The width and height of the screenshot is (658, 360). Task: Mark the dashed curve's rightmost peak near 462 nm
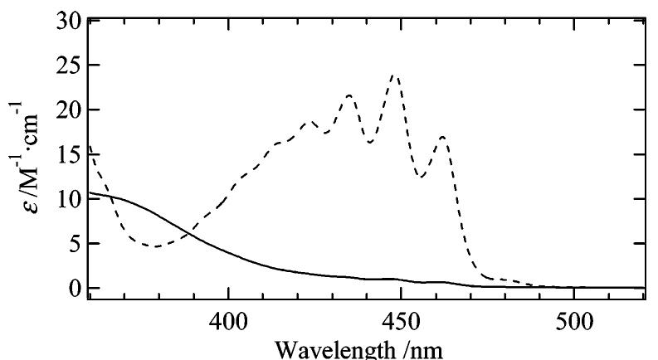pyautogui.click(x=443, y=136)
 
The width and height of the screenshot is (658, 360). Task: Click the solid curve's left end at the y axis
pyautogui.click(x=89, y=192)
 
